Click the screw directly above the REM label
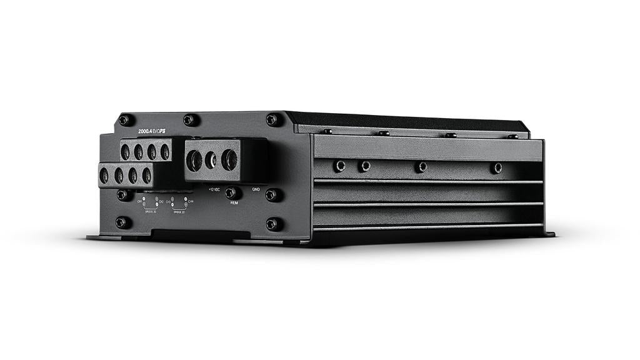coord(231,192)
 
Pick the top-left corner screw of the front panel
coord(124,119)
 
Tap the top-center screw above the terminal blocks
coord(190,119)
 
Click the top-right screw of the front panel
coord(272,119)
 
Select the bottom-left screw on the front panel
coord(122,222)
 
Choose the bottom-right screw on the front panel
coord(272,223)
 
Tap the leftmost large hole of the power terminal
coord(194,161)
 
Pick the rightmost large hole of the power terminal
coord(229,159)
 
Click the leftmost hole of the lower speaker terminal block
coord(104,176)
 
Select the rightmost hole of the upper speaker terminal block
coord(165,151)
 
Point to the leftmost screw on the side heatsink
coord(340,166)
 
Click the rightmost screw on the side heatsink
coord(497,167)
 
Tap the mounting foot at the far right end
coord(548,234)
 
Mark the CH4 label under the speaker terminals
coord(191,201)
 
